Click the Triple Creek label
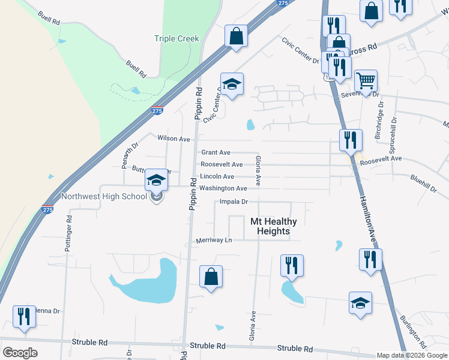[x=176, y=39]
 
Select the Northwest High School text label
[x=104, y=196]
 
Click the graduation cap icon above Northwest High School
[x=156, y=179]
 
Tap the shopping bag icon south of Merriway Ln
[x=211, y=277]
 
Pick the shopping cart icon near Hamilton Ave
[x=366, y=80]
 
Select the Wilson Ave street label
[x=173, y=139]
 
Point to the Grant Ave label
[x=215, y=153]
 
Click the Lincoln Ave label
[x=217, y=176]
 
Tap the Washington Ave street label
[x=223, y=188]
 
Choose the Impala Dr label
[x=234, y=202]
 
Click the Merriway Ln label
[x=214, y=241]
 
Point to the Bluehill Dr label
[x=423, y=183]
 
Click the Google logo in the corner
[x=20, y=353]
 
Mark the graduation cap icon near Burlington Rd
[x=360, y=303]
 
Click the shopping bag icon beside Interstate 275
[x=237, y=35]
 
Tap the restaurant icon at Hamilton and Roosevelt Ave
[x=351, y=140]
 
